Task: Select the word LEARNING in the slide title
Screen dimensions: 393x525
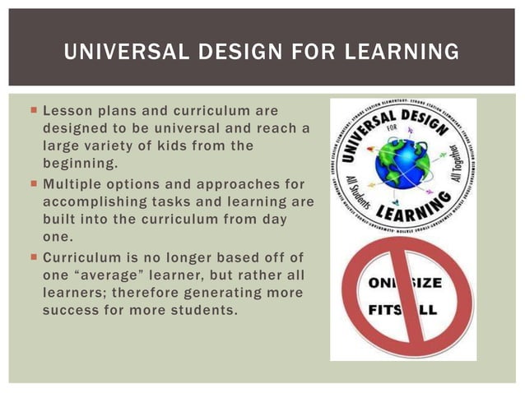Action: click(x=394, y=53)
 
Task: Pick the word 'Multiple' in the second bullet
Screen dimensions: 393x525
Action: click(x=75, y=183)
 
